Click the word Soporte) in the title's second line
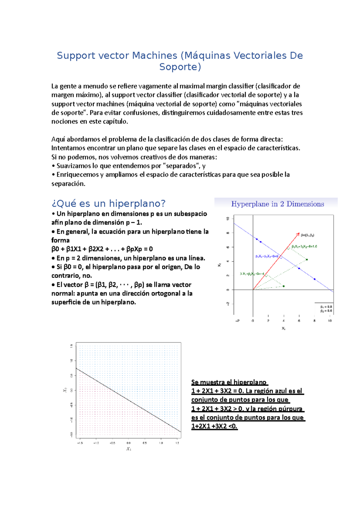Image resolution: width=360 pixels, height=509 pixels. tap(180, 67)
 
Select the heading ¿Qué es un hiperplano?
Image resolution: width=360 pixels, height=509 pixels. tap(108, 204)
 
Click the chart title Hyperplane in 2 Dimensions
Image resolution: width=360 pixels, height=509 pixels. tap(277, 204)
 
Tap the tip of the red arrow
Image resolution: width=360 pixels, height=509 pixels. tap(299, 233)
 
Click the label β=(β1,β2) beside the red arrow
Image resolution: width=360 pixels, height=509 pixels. tap(307, 235)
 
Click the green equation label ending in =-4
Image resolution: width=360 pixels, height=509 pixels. tap(252, 274)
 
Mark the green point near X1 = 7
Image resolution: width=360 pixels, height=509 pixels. tap(307, 260)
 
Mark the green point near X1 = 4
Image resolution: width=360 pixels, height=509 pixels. tap(283, 286)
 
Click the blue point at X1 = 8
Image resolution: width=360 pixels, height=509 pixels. tap(314, 279)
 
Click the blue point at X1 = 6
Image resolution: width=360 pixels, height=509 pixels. tap(299, 268)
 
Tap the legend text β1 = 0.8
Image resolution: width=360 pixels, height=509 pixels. tap(326, 307)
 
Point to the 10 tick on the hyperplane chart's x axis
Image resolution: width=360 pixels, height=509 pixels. tap(330, 321)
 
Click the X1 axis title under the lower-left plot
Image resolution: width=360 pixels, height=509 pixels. tap(129, 449)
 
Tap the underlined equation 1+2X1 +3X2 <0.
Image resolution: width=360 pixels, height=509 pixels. tap(214, 426)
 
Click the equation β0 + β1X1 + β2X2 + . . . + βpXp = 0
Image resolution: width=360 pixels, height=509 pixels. tap(102, 249)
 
